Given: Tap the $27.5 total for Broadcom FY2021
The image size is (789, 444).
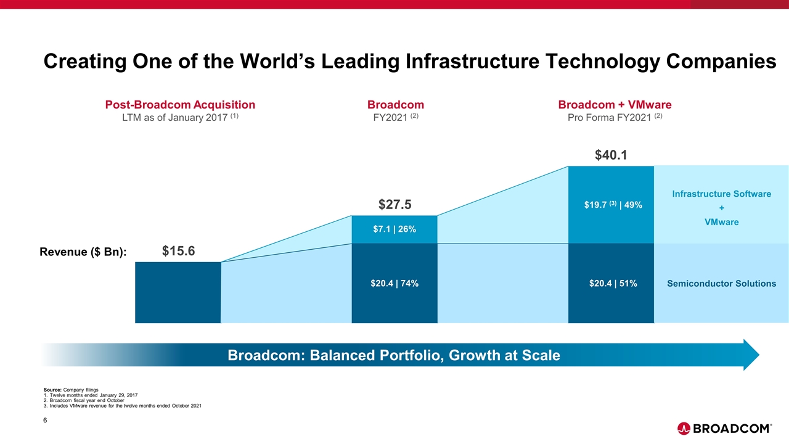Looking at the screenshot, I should (394, 205).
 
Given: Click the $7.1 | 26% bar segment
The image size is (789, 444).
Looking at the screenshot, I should (394, 229).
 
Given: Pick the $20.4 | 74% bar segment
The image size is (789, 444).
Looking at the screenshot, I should (394, 284).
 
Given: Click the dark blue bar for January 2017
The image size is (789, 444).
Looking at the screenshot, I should (178, 292).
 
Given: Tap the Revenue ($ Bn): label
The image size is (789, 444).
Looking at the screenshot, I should (83, 252).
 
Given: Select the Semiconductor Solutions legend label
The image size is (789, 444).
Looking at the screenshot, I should (721, 284).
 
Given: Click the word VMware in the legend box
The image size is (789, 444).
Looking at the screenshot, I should (721, 222).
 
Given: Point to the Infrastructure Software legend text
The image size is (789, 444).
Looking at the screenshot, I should (721, 194).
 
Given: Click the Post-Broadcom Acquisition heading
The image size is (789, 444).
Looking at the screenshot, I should (180, 105).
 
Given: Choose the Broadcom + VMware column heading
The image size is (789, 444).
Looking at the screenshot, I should (615, 105).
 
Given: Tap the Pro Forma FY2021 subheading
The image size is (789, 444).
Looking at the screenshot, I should (615, 118).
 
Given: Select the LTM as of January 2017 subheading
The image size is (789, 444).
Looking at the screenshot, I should (180, 118).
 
